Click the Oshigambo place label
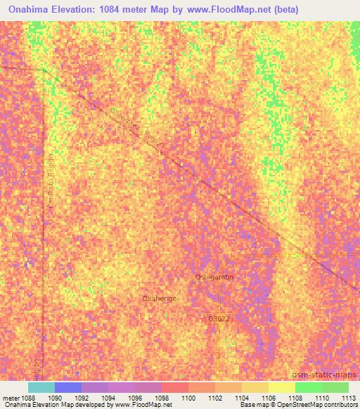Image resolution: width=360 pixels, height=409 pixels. [x=213, y=277]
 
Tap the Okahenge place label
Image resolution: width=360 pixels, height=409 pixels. [x=159, y=298]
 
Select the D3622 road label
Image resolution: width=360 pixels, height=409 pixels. [x=218, y=318]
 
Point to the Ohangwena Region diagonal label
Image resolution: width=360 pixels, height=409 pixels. [x=137, y=127]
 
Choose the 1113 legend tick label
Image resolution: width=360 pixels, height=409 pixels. [x=347, y=398]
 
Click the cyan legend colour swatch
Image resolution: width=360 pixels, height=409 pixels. [x=41, y=387]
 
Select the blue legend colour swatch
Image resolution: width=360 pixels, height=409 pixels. [x=67, y=387]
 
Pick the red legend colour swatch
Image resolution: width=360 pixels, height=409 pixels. [x=174, y=387]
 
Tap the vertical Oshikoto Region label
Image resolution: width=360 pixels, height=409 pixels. [x=50, y=190]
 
